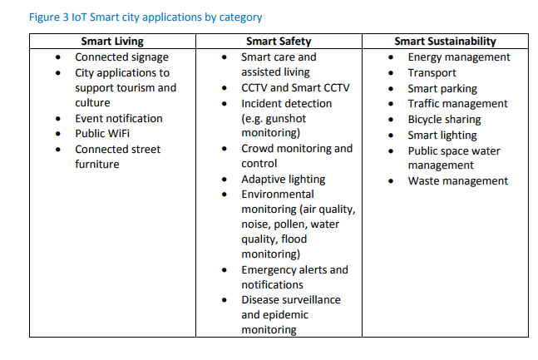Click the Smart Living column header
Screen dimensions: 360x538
[112, 41]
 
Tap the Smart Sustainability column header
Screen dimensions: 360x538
[445, 41]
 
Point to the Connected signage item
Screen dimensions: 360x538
[121, 57]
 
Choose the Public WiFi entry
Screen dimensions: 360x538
[102, 133]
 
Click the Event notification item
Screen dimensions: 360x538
[119, 118]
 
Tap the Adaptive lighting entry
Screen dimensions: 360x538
[283, 179]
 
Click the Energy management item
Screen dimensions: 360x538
[459, 57]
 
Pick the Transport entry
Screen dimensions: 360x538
[432, 72]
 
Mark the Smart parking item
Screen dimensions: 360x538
[442, 88]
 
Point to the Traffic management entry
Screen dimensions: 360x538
[457, 103]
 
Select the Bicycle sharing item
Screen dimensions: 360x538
[444, 119]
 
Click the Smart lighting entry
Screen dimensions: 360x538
[442, 135]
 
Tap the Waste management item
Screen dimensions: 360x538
[457, 180]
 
